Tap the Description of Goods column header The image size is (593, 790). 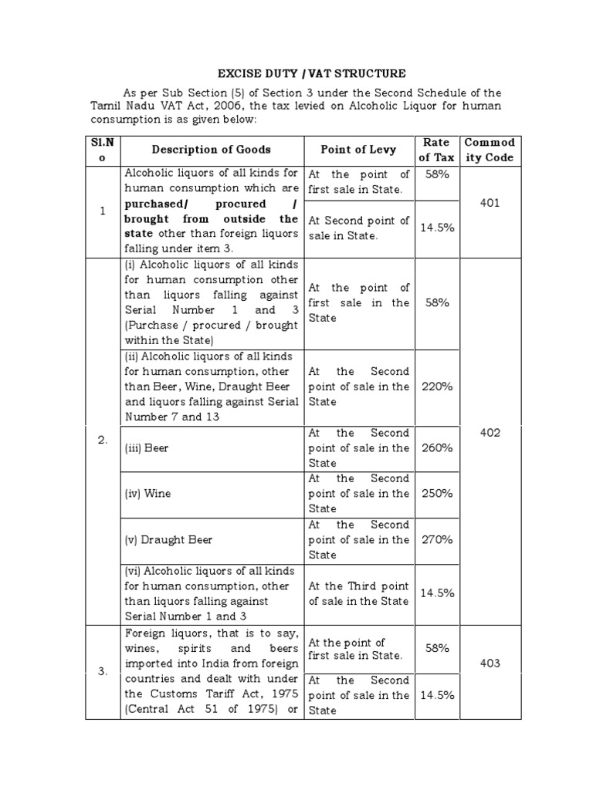tap(211, 150)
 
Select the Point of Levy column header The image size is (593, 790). tap(357, 150)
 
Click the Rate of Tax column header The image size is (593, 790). tap(436, 150)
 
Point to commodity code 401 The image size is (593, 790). tap(490, 204)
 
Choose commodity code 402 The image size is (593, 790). tap(490, 433)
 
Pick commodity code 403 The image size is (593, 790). tap(490, 663)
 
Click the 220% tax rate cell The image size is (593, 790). tap(436, 387)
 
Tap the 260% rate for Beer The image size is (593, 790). tap(436, 447)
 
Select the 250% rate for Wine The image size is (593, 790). tap(436, 493)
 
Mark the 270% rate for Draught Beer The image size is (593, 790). tap(436, 539)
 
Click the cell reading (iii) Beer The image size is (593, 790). tap(147, 447)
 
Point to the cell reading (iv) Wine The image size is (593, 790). tap(147, 494)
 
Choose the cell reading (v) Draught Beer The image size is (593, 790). tap(168, 540)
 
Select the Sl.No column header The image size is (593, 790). tap(103, 150)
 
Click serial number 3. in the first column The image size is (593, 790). tap(103, 671)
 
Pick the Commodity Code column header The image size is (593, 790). tap(490, 150)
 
